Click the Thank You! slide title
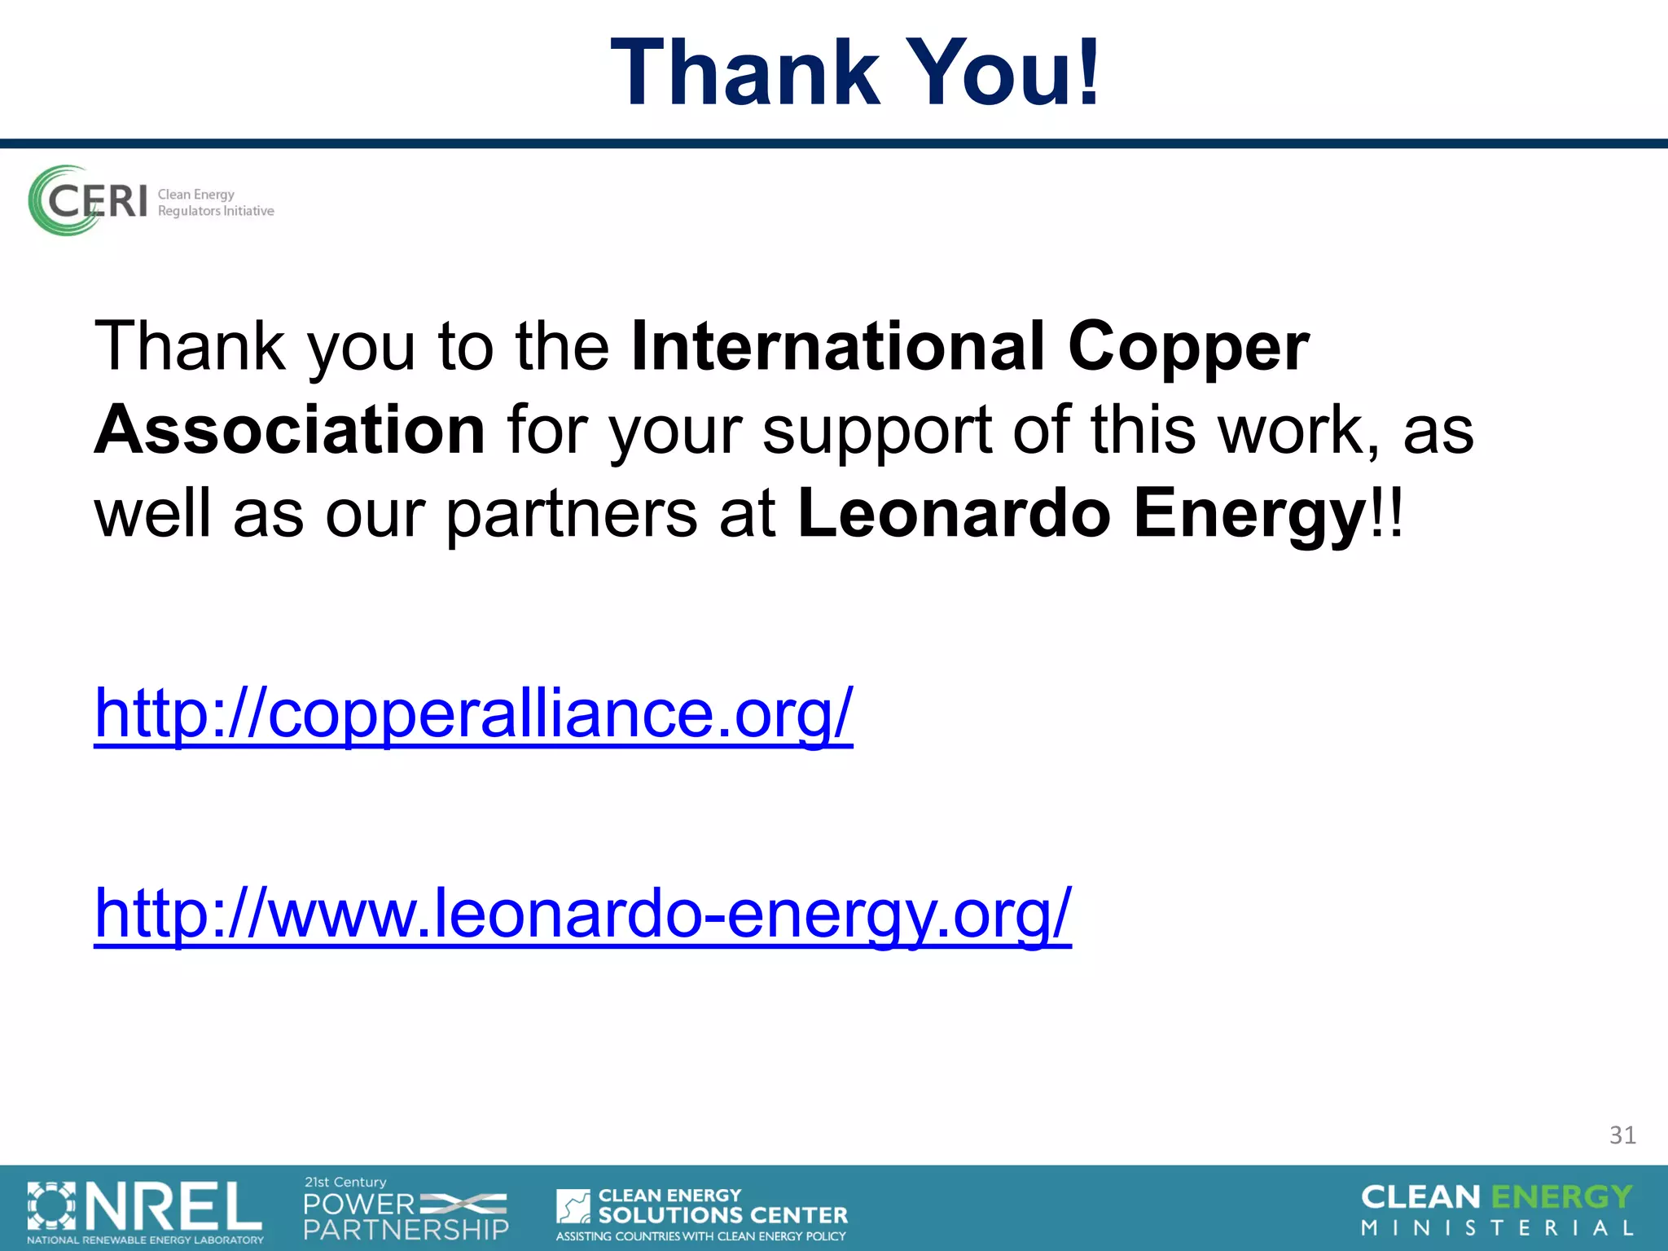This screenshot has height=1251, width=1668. tap(855, 73)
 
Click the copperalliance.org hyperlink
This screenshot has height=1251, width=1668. tap(473, 713)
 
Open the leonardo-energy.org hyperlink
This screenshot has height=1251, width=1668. tap(582, 914)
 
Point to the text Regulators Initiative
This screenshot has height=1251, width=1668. tap(216, 211)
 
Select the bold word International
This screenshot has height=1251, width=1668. tap(838, 346)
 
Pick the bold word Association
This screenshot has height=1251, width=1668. tap(290, 430)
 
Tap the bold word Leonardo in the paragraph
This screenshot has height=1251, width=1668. tap(954, 513)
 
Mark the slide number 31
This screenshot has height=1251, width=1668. tap(1622, 1135)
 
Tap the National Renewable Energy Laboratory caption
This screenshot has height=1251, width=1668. tap(145, 1240)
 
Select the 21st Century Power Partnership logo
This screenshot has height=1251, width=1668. tap(406, 1210)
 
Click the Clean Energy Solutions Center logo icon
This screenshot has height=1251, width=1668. tap(573, 1206)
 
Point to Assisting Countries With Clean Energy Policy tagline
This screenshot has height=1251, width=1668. tap(700, 1236)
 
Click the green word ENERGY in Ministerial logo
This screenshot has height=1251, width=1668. tap(1561, 1197)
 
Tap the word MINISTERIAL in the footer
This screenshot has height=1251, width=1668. tap(1497, 1227)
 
